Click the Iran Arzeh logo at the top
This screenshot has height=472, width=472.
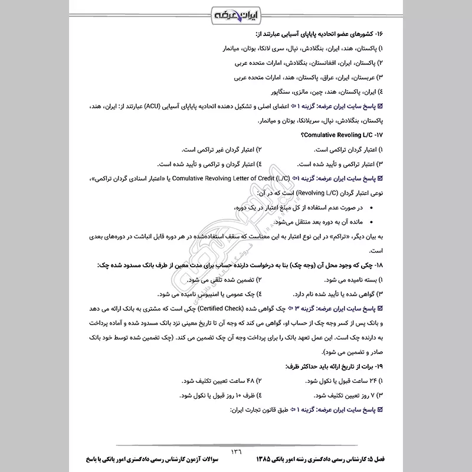pos(236,14)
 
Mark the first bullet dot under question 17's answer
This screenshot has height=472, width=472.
pos(369,209)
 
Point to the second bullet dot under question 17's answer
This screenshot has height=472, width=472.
pos(369,223)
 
